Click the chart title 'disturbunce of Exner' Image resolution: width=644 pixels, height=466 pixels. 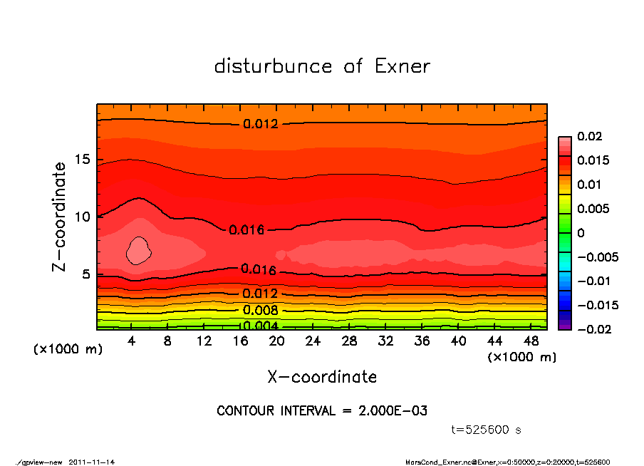click(x=322, y=66)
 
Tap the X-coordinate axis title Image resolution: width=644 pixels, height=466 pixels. click(x=322, y=376)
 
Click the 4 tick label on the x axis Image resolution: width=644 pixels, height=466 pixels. click(x=132, y=341)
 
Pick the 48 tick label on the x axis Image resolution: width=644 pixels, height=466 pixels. click(x=531, y=341)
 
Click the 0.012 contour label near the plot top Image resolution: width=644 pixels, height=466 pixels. click(x=261, y=123)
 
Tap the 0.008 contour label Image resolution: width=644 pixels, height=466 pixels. click(x=261, y=310)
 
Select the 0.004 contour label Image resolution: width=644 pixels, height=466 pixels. click(x=261, y=326)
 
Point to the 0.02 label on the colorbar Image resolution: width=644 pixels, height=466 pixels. click(x=588, y=136)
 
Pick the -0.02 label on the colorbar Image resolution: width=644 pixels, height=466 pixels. click(x=593, y=329)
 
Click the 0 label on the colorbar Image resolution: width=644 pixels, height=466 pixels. click(x=581, y=233)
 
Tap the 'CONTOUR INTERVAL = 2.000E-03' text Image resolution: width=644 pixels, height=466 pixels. click(x=322, y=411)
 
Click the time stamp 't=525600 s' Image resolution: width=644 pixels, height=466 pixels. click(x=487, y=430)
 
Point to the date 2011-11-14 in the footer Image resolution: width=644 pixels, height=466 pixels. click(x=92, y=462)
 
